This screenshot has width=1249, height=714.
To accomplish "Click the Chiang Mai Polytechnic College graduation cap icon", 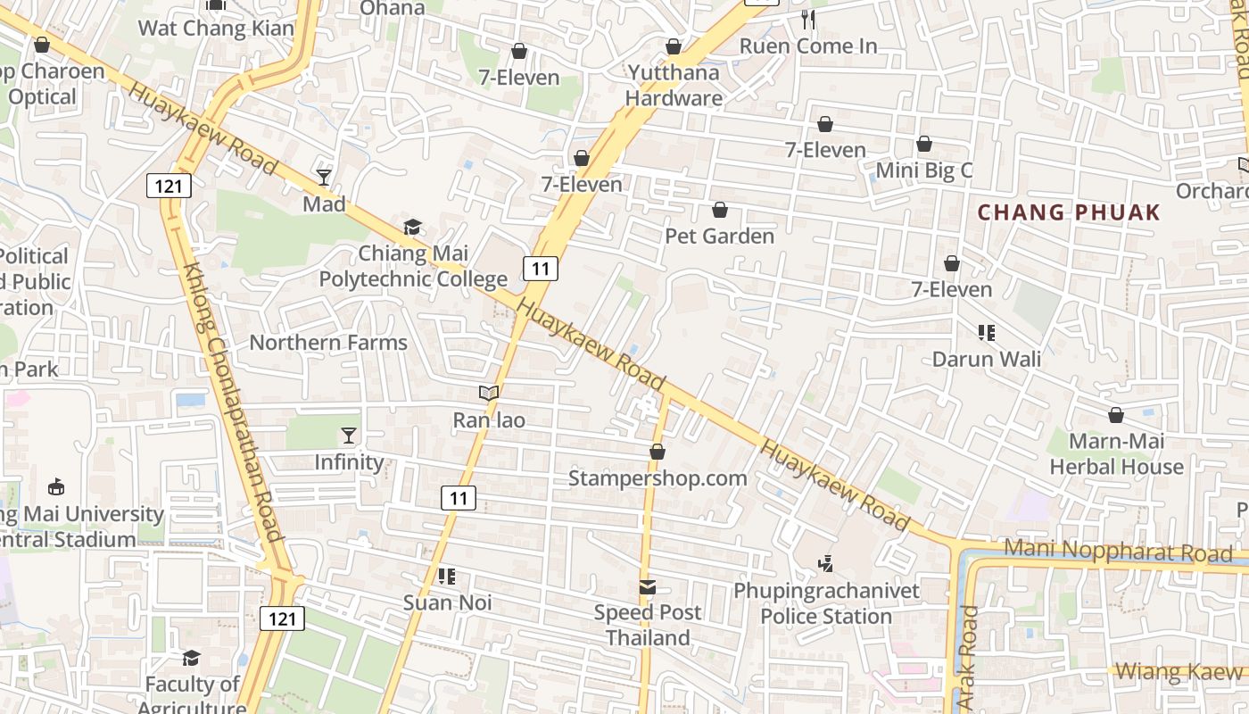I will point(412,228).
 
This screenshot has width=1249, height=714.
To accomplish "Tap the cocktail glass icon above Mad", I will point(324,178).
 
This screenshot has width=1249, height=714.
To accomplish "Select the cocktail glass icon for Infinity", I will point(349,436).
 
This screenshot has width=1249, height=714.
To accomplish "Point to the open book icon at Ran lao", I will point(488,393).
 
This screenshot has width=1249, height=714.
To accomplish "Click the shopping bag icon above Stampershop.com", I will point(658,452).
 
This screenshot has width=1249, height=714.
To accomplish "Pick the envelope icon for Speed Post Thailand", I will point(648,586).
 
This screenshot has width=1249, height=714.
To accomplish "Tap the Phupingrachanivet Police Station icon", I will point(826,563).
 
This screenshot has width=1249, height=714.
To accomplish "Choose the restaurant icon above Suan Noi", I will point(447,577).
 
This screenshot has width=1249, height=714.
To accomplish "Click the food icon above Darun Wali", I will point(986,333).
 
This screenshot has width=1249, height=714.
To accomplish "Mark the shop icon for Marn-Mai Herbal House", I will point(1115,415).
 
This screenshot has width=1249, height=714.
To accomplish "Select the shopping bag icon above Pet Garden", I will point(720,210).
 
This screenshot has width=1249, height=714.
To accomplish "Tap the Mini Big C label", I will point(924,170).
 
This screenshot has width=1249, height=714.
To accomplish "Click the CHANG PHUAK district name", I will point(1069,212).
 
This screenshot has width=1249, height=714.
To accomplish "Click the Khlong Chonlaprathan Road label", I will point(232,402).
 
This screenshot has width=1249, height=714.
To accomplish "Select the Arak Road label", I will point(969,659).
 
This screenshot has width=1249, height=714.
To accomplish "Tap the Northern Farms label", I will point(328,343).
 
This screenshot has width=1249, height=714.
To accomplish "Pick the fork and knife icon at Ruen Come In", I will point(808,20).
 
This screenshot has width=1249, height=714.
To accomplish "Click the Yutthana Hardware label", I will point(674,85).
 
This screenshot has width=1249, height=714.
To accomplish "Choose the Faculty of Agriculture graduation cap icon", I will point(192,658).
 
